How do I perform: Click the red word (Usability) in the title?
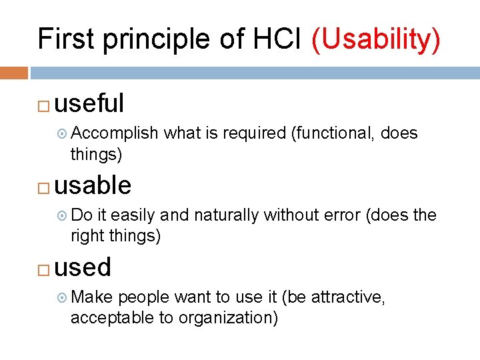pos(375,39)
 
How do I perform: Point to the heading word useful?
pos(89,103)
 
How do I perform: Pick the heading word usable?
pos(93,185)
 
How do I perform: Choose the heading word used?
pos(83,267)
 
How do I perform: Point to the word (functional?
pos(333,133)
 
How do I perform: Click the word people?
pos(141,298)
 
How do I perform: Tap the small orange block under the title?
pos(14,73)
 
